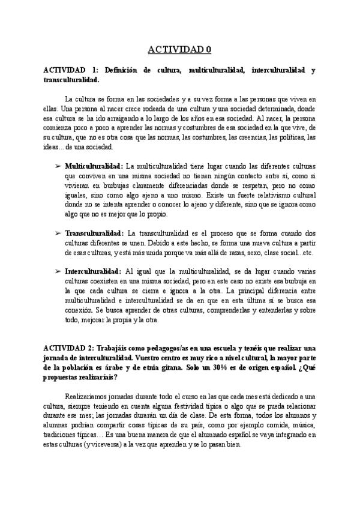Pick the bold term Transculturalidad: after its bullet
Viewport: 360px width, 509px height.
pyautogui.click(x=94, y=232)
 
